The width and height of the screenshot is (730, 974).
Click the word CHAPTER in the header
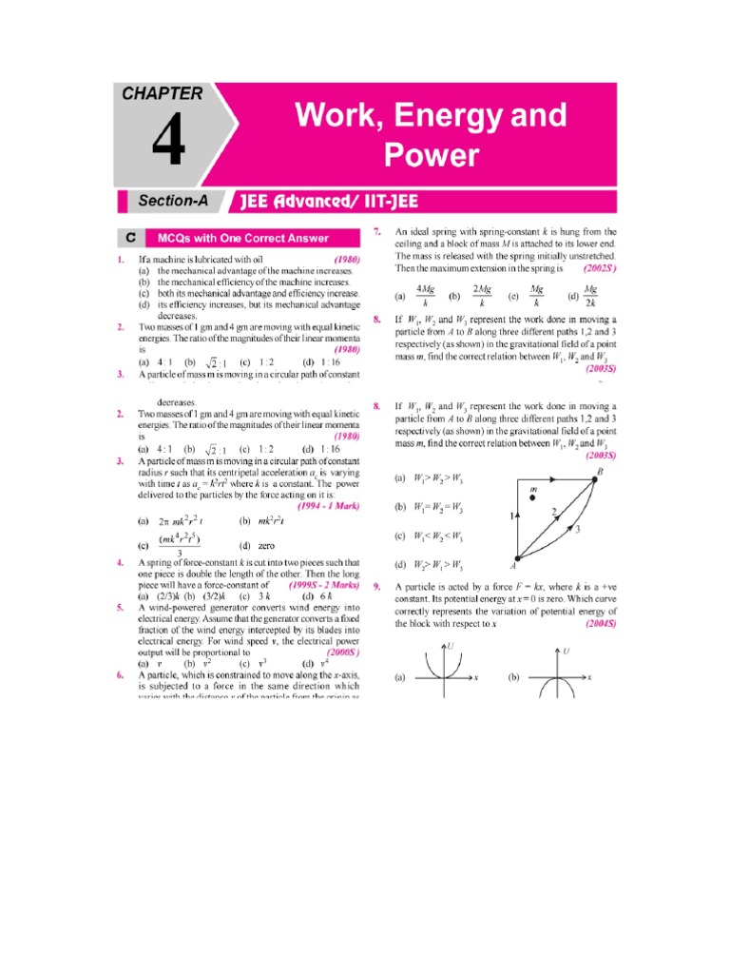(x=162, y=94)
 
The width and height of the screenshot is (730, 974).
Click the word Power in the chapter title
(x=431, y=155)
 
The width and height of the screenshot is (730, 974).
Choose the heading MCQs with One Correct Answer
(x=243, y=238)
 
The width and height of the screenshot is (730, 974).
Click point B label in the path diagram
(x=599, y=472)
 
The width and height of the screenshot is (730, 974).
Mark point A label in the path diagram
(x=513, y=565)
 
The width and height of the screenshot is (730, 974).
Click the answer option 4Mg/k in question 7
(x=424, y=294)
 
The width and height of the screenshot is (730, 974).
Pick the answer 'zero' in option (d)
(x=265, y=546)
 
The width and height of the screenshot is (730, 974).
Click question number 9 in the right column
(x=377, y=587)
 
